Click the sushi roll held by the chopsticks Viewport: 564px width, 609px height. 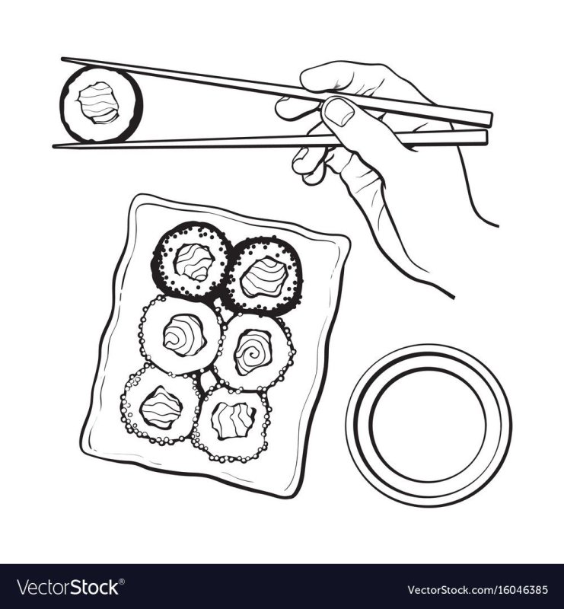click(101, 104)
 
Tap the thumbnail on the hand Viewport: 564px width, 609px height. click(339, 111)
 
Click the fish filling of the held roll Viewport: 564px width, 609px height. click(98, 103)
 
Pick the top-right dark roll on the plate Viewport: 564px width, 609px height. click(264, 276)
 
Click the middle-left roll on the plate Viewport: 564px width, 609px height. click(181, 335)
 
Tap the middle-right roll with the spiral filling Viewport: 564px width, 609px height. click(253, 352)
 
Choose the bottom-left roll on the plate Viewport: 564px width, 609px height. click(161, 405)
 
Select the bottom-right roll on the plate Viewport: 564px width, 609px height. click(231, 424)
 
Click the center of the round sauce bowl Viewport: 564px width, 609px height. click(429, 426)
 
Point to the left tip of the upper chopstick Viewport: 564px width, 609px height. click(62, 59)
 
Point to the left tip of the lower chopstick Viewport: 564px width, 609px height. click(54, 145)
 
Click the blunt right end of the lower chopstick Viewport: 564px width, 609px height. click(486, 138)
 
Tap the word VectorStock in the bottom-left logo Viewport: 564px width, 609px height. click(68, 587)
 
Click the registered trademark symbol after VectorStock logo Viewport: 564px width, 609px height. click(122, 582)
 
